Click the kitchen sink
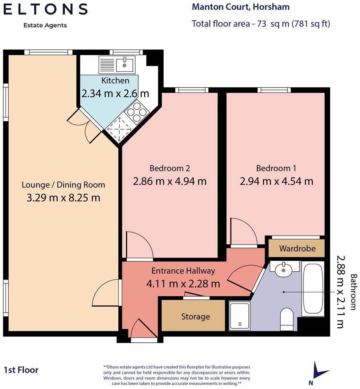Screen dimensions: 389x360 point(117,64)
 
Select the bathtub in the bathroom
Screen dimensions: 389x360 point(313,288)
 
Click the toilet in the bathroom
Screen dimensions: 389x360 point(287,319)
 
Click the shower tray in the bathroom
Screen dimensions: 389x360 point(240,316)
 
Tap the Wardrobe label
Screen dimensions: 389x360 point(297,248)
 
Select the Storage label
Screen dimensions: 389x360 point(195,316)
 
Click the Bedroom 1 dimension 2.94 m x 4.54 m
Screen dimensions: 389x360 point(276,181)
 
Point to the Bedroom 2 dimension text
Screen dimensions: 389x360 point(169,181)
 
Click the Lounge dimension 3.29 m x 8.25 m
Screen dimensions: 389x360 point(63,198)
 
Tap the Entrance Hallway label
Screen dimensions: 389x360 point(183,271)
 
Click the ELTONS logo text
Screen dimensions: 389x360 point(45,9)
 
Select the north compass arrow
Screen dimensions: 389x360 point(319,370)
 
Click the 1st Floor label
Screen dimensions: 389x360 point(21,370)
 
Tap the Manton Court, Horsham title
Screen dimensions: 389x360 point(240,7)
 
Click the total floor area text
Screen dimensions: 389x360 point(261,23)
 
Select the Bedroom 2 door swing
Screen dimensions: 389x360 point(138,245)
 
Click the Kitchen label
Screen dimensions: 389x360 point(115,81)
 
